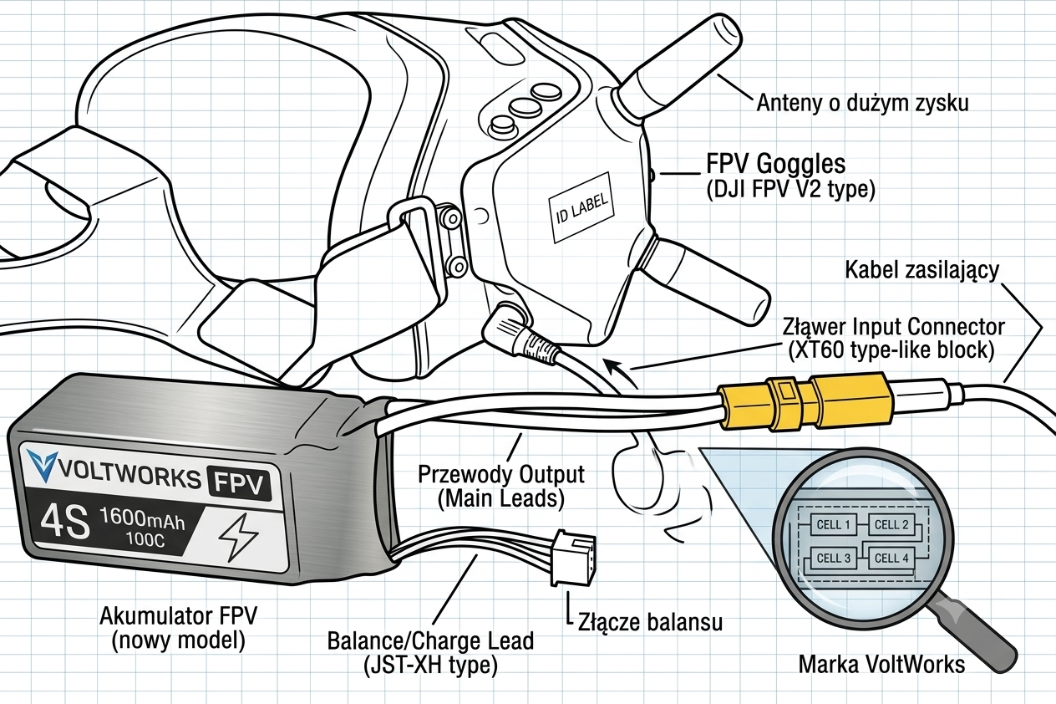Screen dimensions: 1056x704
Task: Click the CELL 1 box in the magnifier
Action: coord(833,524)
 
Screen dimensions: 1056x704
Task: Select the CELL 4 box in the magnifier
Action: coord(891,559)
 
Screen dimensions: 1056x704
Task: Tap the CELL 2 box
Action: coord(891,524)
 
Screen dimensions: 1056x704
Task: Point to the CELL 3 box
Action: coord(833,559)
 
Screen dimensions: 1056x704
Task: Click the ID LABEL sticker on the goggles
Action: coord(582,207)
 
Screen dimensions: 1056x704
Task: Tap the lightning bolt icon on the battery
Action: coord(239,536)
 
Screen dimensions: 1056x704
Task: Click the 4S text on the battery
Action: coord(64,523)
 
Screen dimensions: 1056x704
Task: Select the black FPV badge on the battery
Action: coord(240,483)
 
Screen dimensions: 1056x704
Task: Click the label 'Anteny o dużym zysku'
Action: coord(862,103)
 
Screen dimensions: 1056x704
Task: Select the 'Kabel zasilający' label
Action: coord(921,270)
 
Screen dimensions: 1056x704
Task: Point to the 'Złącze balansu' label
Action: coord(651,622)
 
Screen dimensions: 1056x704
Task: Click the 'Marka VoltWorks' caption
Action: coord(881,665)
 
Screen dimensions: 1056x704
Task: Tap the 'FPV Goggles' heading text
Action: coord(776,164)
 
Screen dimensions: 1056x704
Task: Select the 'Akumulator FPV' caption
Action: coord(179,616)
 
